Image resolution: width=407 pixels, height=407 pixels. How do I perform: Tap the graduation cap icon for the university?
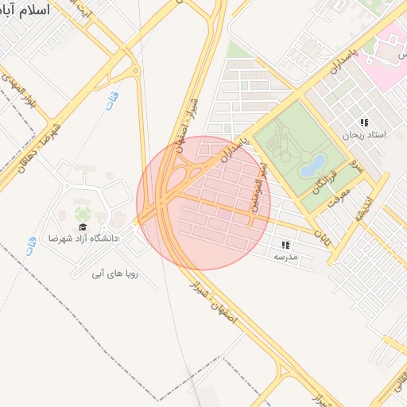(83, 227)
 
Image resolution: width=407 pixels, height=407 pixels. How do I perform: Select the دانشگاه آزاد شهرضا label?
(83, 238)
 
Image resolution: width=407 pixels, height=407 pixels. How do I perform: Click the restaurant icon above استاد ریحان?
(364, 122)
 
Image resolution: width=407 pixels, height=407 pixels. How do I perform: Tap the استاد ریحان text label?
(363, 135)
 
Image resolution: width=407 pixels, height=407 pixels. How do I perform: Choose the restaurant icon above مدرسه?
(285, 245)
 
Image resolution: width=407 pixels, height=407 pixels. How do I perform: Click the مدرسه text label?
(285, 257)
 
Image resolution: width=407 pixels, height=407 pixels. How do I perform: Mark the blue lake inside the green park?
(312, 165)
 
